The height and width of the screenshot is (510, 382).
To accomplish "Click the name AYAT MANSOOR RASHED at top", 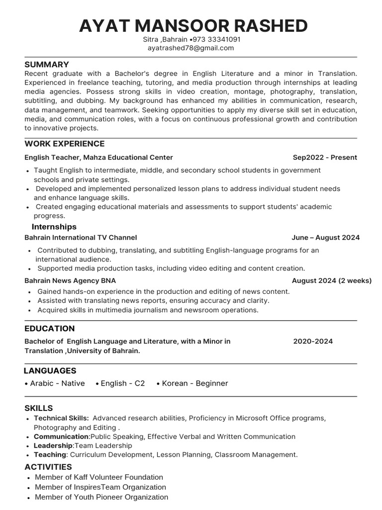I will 193,25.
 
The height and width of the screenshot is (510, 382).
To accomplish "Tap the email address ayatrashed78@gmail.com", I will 191,48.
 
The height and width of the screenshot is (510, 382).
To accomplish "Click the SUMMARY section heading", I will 47,65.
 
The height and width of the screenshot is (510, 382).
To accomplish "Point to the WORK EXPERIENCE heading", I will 65,144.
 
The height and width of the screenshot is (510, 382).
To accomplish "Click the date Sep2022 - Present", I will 325,157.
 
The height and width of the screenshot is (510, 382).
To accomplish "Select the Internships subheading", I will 54,227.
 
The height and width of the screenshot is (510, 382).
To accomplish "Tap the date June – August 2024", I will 326,238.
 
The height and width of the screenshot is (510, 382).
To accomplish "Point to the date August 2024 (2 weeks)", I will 332,280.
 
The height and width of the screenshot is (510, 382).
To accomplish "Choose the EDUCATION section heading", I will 50,329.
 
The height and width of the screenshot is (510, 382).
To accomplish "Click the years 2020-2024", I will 313,341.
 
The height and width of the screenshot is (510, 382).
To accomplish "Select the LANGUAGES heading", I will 50,371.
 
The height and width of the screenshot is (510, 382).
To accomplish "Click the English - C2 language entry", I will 122,383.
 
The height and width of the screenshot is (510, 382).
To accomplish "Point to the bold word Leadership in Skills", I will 53,446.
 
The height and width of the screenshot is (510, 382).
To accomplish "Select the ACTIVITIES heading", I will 48,467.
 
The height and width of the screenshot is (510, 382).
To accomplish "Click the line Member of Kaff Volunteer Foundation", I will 99,477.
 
